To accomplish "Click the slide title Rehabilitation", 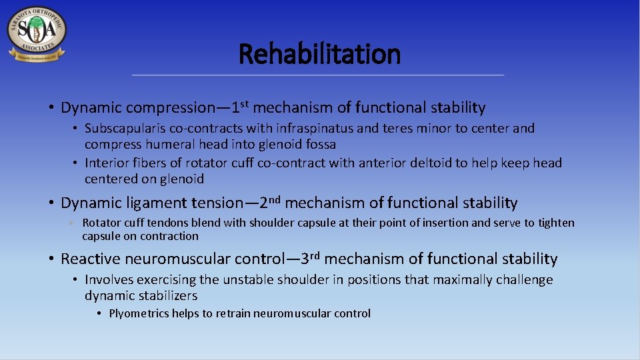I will [319, 53].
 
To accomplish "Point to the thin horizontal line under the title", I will [318, 75].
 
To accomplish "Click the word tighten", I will [555, 223].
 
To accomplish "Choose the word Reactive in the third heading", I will [87, 259].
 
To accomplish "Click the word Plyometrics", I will [139, 313].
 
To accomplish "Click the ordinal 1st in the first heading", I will [240, 105].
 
